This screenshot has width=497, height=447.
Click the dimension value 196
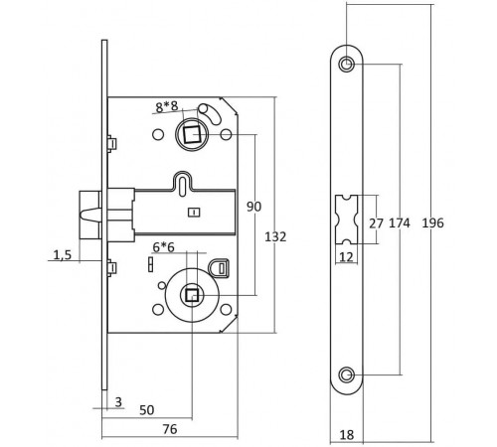(432, 223)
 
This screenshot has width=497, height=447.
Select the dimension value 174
(401, 223)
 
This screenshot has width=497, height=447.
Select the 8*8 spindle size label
(168, 105)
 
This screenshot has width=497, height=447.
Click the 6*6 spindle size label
(163, 246)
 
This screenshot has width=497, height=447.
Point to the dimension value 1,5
(62, 255)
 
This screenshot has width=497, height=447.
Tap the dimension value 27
(377, 223)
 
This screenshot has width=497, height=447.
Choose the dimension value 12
(345, 256)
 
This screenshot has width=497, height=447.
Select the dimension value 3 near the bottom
(118, 400)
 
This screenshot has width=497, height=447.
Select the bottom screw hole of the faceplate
(345, 373)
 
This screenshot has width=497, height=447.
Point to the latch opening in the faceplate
(345, 219)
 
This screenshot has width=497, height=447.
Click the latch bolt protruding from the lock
(87, 214)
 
